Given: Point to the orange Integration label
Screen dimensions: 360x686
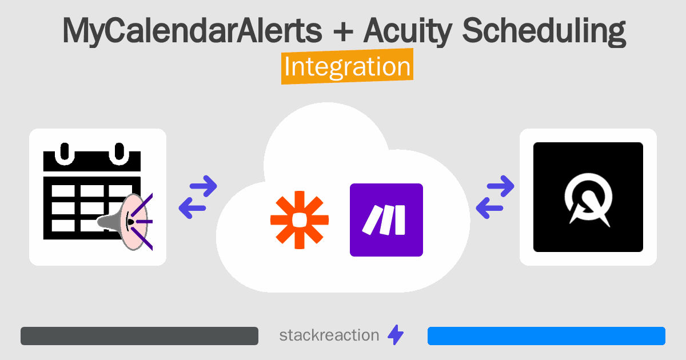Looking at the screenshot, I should pos(347,67).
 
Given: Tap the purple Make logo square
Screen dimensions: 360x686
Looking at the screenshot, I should pos(386,219).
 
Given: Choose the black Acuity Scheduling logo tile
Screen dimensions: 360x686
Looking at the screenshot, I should pos(588,197).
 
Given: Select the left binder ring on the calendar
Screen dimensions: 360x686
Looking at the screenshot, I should pos(65,152).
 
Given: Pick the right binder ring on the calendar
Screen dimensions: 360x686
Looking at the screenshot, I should pos(119,152).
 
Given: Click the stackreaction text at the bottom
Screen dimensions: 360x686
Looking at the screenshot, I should pos(329,335).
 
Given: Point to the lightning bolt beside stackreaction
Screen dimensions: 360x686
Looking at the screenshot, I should pos(395,335).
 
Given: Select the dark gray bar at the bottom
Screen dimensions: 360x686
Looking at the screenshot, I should pos(139,336).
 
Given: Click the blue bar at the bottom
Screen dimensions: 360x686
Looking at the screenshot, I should pos(546,336).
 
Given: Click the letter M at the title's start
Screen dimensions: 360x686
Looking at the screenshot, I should pos(77,32).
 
